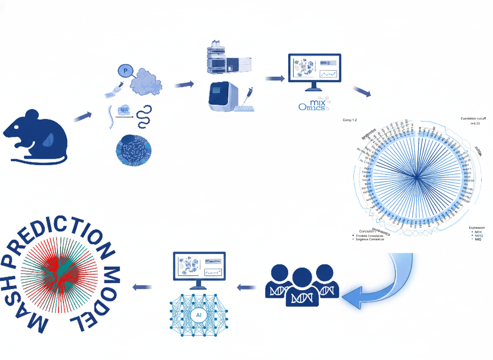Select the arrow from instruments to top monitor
[x=275, y=78]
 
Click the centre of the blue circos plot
[x=416, y=177]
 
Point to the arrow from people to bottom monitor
[x=246, y=287]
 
